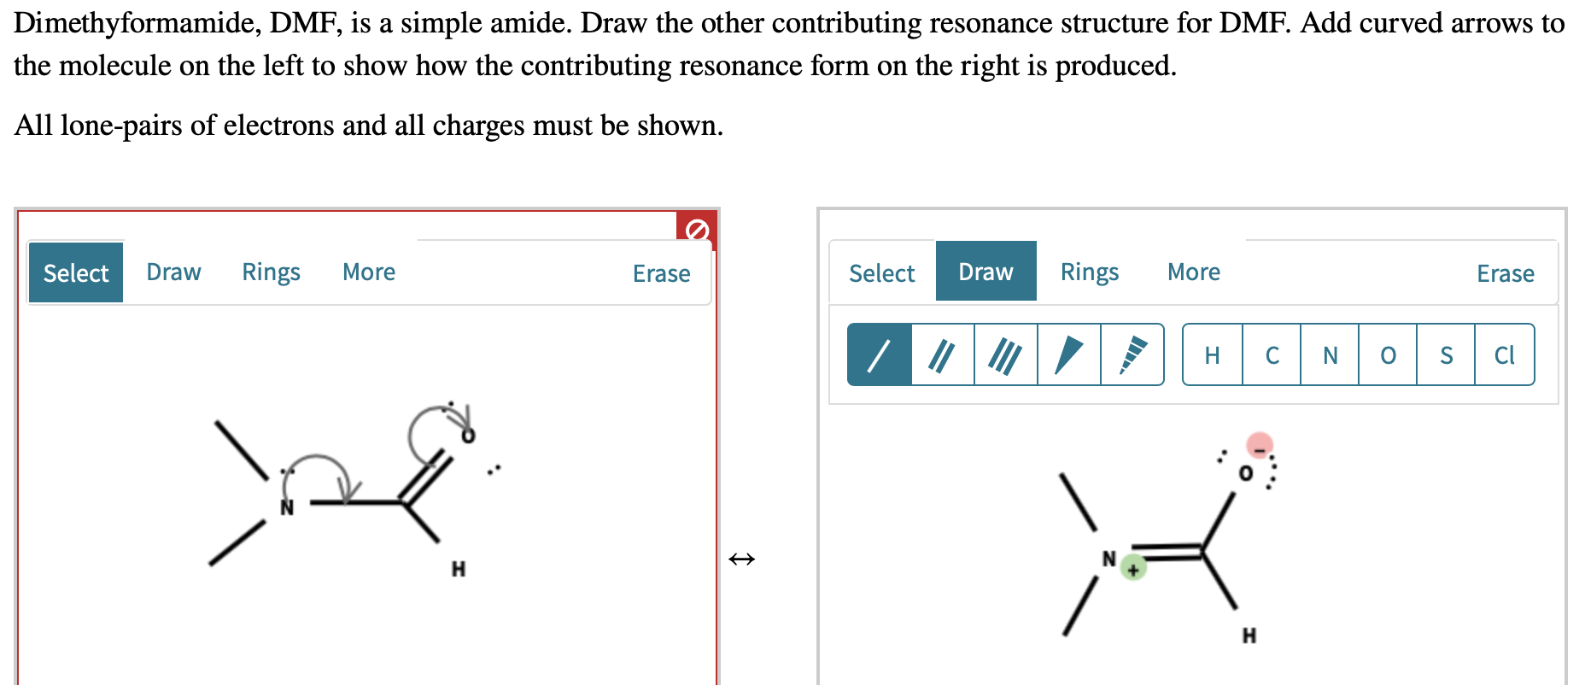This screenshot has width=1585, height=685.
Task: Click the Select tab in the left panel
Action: (75, 272)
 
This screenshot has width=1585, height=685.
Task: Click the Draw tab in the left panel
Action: (173, 272)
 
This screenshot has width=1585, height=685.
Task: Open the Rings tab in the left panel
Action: (271, 272)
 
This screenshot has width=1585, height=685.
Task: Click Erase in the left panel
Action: (661, 273)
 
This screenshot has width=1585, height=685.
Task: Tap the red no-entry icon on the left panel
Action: (697, 229)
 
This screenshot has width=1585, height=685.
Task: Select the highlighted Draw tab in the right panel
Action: (986, 272)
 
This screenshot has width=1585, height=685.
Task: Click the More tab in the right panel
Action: (1193, 272)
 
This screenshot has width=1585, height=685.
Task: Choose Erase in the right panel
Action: (1505, 273)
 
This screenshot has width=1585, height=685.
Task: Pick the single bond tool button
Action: (880, 354)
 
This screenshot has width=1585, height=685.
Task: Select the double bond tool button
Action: (943, 354)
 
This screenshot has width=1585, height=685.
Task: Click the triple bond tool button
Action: (1006, 354)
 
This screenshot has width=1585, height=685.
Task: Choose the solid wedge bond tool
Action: (1069, 354)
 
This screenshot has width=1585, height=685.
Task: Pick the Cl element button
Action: (1504, 354)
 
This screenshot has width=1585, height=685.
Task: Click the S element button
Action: (1446, 354)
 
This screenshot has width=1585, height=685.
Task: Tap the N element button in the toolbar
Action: (1330, 354)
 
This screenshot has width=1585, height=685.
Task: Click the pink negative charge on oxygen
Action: (1260, 445)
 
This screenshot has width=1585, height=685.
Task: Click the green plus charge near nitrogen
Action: (1133, 568)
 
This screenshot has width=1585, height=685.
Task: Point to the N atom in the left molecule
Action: (287, 508)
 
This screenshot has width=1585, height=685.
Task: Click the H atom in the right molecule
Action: (1249, 635)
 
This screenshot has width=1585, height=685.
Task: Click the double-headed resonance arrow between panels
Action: (741, 559)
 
